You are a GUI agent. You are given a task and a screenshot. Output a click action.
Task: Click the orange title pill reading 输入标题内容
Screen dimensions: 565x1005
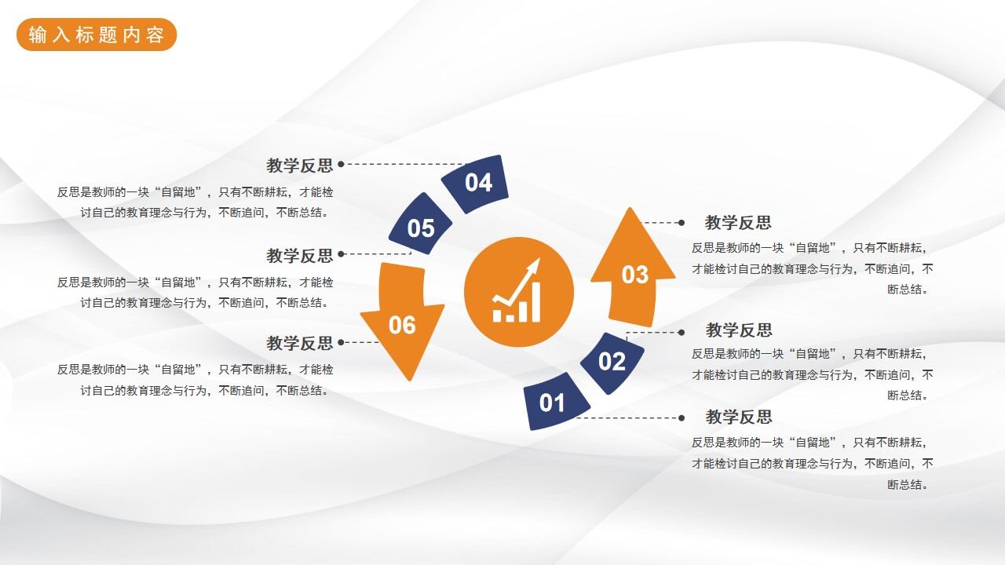coord(97,35)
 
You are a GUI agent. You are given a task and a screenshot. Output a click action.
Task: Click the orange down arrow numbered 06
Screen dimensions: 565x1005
coord(401,320)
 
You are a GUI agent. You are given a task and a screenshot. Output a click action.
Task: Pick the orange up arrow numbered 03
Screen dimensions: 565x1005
coord(633,272)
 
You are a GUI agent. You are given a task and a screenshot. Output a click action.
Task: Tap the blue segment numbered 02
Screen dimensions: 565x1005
coord(612,361)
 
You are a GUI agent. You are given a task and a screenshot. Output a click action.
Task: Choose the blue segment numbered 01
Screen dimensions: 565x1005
coord(554,402)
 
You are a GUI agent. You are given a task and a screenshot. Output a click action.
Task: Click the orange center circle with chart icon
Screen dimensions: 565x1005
coord(518,292)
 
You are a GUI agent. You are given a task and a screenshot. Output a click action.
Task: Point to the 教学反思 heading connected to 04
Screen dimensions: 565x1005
coord(299,166)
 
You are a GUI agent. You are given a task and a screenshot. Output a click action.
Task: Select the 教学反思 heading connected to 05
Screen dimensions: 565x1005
coord(299,256)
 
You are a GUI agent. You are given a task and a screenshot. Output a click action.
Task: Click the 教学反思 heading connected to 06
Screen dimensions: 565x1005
coord(299,343)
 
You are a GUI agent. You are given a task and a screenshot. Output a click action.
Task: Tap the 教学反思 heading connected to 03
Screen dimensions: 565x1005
coord(738,223)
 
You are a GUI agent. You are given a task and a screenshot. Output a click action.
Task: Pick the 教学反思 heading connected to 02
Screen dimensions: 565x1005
coord(739,330)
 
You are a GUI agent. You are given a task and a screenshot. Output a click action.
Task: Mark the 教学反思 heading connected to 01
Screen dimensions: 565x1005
coord(739,417)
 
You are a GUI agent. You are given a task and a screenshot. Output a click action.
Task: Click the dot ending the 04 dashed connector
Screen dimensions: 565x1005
coord(341,165)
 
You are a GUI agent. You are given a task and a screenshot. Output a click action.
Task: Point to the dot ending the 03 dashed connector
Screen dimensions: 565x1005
coord(682,223)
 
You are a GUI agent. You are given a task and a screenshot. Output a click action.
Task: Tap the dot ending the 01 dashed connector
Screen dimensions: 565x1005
coord(682,417)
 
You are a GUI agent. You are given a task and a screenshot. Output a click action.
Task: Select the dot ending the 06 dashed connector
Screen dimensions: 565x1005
coord(341,342)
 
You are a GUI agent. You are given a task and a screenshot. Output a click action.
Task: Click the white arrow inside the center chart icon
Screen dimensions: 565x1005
coord(521,279)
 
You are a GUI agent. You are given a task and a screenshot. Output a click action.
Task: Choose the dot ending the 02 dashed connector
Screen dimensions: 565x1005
coord(682,331)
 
